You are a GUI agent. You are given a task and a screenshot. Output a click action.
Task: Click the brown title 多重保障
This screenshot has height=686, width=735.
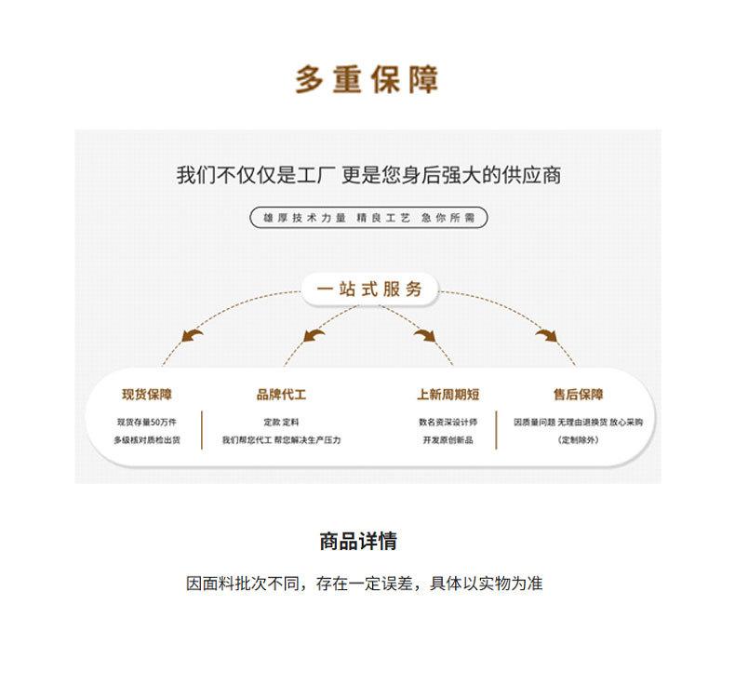tap(367, 80)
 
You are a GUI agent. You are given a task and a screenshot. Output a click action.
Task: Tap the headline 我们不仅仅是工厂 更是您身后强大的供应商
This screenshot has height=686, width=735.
tap(368, 175)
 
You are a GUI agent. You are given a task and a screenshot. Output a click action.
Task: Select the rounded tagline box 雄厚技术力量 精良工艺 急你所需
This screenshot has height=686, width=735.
tap(368, 218)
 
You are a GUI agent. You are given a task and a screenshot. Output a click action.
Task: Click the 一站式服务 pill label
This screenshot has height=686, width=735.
tap(369, 289)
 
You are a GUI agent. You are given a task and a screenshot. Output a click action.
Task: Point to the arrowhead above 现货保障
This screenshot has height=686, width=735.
tap(193, 335)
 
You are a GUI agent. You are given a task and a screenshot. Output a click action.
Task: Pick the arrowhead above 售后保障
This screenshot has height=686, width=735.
tap(546, 335)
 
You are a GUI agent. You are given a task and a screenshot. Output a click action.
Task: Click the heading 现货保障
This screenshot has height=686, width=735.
tap(147, 395)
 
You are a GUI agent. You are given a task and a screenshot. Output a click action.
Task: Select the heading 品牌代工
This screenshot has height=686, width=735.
tap(281, 395)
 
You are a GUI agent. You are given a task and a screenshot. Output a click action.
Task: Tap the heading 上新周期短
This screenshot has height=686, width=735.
tap(448, 395)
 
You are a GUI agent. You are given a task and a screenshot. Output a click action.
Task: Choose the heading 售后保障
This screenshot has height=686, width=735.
tap(578, 395)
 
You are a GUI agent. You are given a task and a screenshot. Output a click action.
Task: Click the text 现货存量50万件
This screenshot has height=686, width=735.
tap(146, 422)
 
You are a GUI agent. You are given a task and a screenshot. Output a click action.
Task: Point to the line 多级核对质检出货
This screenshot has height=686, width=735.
tap(147, 439)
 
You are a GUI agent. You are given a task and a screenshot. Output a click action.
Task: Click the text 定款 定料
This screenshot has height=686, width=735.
tap(281, 422)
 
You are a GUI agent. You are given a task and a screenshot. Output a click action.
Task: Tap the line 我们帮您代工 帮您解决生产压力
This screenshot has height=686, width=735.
tap(281, 439)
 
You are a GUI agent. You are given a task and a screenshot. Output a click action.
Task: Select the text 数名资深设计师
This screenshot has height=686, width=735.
tap(448, 422)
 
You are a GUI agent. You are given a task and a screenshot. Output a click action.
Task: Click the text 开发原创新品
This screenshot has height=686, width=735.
tap(448, 439)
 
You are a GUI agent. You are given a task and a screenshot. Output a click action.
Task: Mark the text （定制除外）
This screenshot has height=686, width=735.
tap(578, 439)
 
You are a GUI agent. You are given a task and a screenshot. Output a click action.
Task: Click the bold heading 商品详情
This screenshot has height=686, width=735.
tap(358, 542)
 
